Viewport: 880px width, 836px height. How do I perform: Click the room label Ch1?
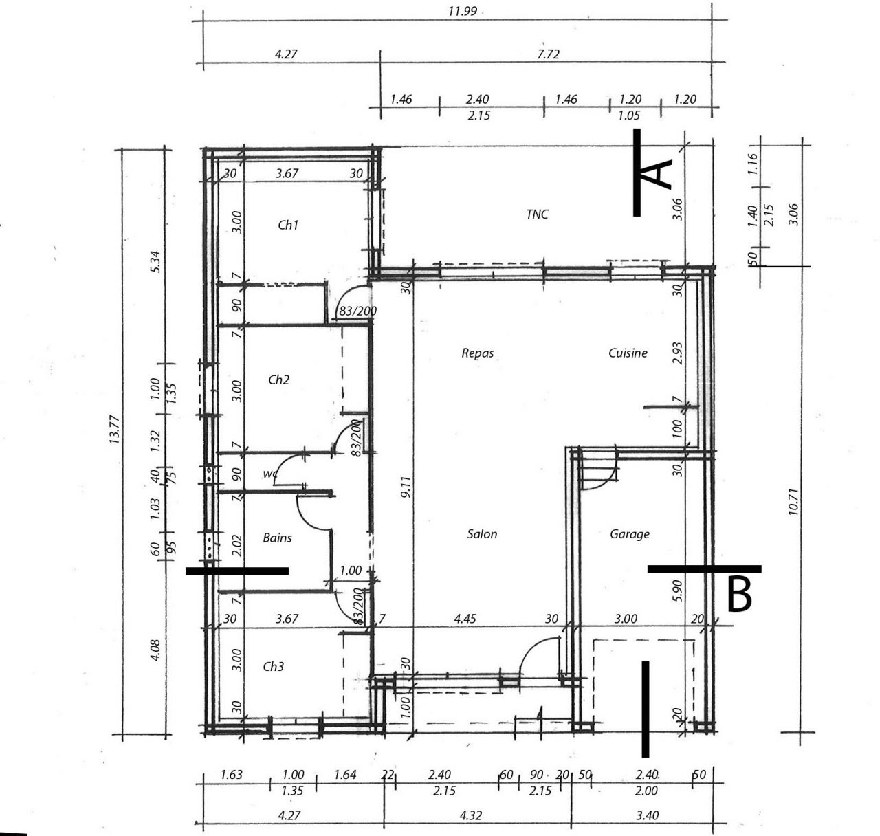click(288, 225)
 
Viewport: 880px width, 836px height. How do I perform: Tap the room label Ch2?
click(278, 379)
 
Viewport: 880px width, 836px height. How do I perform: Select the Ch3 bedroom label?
click(274, 666)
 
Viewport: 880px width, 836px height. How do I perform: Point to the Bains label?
click(277, 538)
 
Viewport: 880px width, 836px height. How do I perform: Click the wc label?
click(269, 474)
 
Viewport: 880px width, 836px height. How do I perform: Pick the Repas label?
click(477, 353)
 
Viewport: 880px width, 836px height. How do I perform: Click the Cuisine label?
click(628, 353)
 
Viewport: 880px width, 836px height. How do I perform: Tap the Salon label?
click(482, 533)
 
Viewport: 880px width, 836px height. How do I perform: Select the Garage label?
click(630, 533)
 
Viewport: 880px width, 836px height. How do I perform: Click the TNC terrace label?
click(537, 214)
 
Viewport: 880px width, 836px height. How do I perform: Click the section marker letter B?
click(740, 595)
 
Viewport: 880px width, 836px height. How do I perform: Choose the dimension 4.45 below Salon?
click(465, 619)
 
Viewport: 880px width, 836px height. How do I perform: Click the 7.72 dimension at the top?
click(548, 54)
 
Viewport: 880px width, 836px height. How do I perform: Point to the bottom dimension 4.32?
click(471, 815)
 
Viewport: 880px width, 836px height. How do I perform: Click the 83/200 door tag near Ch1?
click(357, 311)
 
